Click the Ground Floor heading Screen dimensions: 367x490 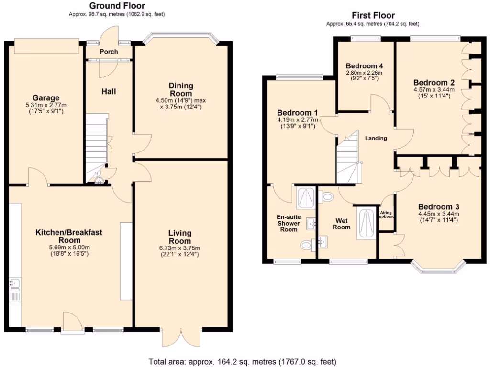coord(117,6)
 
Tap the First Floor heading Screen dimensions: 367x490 coord(373,15)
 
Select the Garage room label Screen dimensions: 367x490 coord(46,97)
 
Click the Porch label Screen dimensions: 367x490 coord(109,52)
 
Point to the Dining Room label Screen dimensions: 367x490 coord(181,89)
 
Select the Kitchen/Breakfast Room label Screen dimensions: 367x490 coord(69,236)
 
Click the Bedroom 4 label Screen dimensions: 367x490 coord(365,66)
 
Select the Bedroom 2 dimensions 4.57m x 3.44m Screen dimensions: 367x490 coord(434,89)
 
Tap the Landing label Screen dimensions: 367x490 coord(376,139)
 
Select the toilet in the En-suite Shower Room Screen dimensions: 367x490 coord(306,246)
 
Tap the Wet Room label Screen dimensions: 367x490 coord(342,224)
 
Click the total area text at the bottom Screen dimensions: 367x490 coord(243,361)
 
